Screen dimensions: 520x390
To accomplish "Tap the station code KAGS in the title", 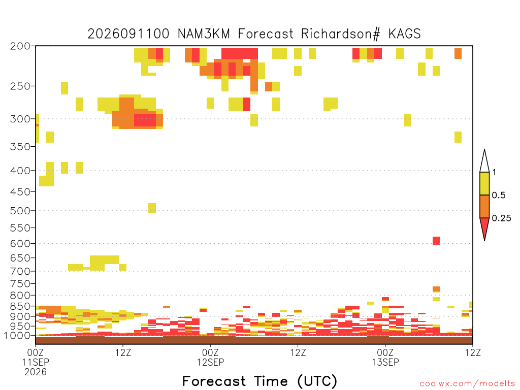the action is tap(405, 34).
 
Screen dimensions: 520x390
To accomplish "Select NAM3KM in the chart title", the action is tap(204, 34).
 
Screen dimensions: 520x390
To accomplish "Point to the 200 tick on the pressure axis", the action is tap(20, 46).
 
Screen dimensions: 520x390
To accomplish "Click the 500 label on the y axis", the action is tap(20, 211).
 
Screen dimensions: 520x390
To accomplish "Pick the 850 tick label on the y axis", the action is tap(20, 306).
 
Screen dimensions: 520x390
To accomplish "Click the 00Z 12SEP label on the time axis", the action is tap(210, 357).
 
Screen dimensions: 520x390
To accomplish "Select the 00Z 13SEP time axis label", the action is tap(385, 357).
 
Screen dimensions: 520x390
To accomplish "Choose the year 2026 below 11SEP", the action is tap(36, 372).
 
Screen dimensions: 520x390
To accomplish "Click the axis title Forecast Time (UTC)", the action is tap(259, 381).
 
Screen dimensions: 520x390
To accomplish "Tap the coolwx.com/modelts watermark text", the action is tap(468, 384).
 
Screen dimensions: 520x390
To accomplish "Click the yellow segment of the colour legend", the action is tap(484, 183).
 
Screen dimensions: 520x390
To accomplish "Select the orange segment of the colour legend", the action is tap(484, 206).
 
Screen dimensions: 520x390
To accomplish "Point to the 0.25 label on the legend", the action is tap(501, 218).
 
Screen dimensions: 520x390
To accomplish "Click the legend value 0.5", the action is tap(499, 196).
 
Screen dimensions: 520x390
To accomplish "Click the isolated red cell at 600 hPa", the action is tap(436, 241).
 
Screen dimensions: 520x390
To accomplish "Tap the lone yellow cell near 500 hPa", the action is tap(152, 208).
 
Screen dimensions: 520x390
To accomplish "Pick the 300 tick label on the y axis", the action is tap(20, 119).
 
